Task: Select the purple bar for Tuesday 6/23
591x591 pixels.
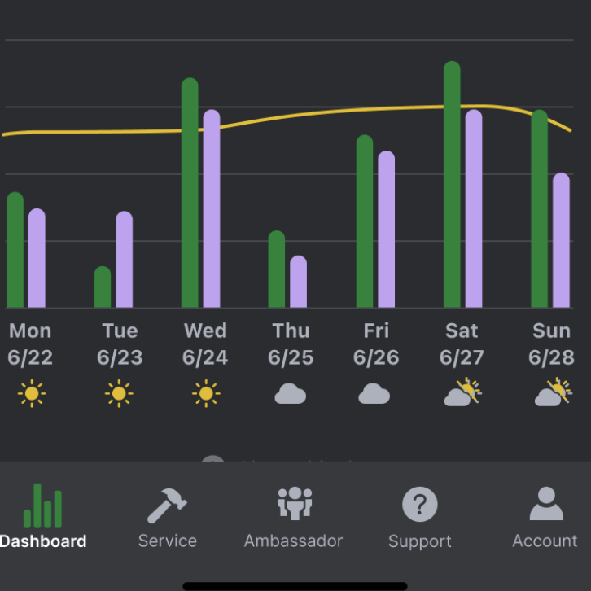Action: pyautogui.click(x=124, y=260)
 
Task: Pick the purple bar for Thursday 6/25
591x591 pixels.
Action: pyautogui.click(x=299, y=282)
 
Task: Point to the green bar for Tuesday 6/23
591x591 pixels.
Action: pyautogui.click(x=103, y=287)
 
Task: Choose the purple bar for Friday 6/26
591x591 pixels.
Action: pyautogui.click(x=386, y=230)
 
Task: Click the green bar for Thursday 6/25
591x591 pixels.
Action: pyautogui.click(x=277, y=269)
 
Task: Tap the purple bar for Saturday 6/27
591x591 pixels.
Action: pyautogui.click(x=474, y=209)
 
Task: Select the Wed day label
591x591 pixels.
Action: pyautogui.click(x=205, y=331)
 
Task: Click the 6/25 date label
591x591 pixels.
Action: pyautogui.click(x=291, y=357)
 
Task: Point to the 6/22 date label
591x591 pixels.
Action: pyautogui.click(x=30, y=357)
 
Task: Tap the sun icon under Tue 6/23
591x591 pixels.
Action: pyautogui.click(x=119, y=394)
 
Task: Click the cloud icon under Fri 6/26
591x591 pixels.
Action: pyautogui.click(x=374, y=394)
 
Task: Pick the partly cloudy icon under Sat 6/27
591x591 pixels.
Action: pyautogui.click(x=462, y=392)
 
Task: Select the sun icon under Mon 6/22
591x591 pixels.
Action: pyautogui.click(x=32, y=394)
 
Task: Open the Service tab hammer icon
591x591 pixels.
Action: pyautogui.click(x=167, y=506)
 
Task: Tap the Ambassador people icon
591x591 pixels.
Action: pyautogui.click(x=294, y=504)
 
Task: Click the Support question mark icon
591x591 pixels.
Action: pyautogui.click(x=420, y=506)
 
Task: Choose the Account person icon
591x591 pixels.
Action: pyautogui.click(x=545, y=504)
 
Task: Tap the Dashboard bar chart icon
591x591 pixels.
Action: pyautogui.click(x=42, y=506)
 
